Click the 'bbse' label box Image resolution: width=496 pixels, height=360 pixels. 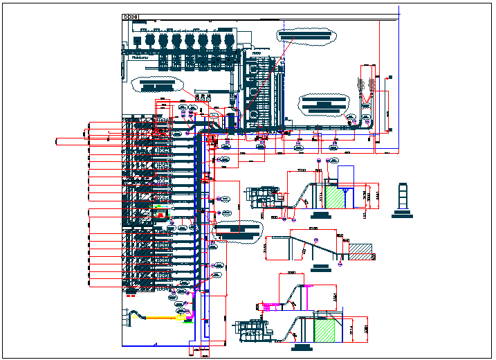click(131, 17)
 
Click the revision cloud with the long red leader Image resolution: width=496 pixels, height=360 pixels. click(304, 34)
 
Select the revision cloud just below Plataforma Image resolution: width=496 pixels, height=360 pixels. click(156, 84)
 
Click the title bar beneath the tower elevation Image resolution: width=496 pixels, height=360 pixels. click(403, 216)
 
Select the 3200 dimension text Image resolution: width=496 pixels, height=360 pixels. click(302, 170)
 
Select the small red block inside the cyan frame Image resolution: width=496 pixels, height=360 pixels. click(160, 215)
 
